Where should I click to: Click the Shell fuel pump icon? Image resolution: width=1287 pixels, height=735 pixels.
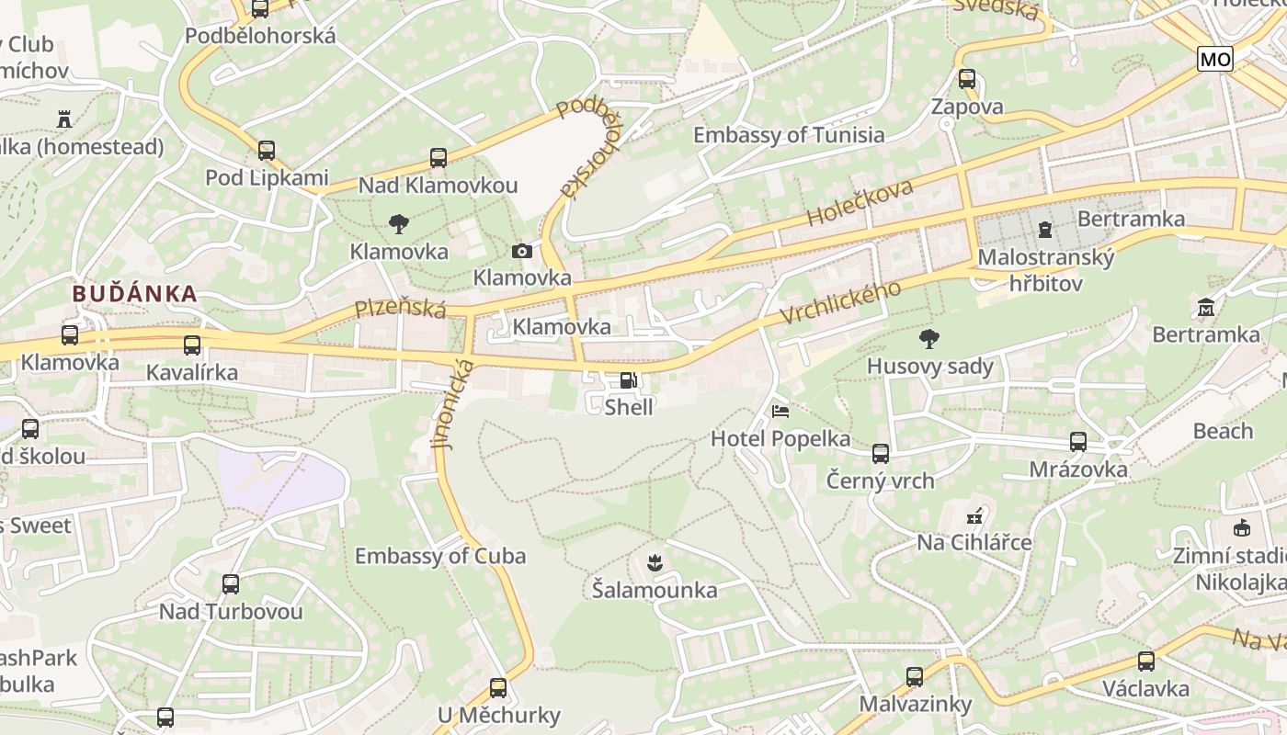coord(628,380)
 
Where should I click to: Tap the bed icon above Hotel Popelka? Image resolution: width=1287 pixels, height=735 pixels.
coord(780,412)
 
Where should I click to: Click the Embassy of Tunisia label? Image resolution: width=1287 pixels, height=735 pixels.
coord(789,135)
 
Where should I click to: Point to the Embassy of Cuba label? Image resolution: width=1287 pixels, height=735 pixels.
coord(440,556)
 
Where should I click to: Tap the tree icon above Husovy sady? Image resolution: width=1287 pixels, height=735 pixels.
coord(929,339)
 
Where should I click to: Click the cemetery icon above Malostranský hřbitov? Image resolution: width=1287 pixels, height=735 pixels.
coord(1045,228)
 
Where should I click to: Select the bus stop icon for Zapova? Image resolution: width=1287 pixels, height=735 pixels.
coord(966,79)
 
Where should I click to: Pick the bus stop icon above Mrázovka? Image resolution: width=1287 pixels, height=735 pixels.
coord(1078,442)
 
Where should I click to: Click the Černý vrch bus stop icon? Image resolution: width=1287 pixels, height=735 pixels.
coord(881,453)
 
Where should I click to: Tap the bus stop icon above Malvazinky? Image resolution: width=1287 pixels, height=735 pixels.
coord(915,677)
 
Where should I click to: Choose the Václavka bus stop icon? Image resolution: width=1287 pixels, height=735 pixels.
coord(1145,661)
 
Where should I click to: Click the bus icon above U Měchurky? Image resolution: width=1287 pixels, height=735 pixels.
coord(498,687)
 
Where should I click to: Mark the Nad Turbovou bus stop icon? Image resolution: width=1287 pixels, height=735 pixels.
coord(231,583)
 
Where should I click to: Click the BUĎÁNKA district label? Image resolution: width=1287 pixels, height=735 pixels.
coord(134,294)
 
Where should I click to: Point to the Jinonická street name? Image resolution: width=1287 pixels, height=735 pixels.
coord(454,403)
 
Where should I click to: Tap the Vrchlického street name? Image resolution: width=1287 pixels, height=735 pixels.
coord(841,300)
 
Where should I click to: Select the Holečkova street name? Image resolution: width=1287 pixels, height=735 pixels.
coord(860,203)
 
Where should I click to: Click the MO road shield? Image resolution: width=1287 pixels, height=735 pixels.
coord(1214,60)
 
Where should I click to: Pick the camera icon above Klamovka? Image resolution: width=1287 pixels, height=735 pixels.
coord(521,251)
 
